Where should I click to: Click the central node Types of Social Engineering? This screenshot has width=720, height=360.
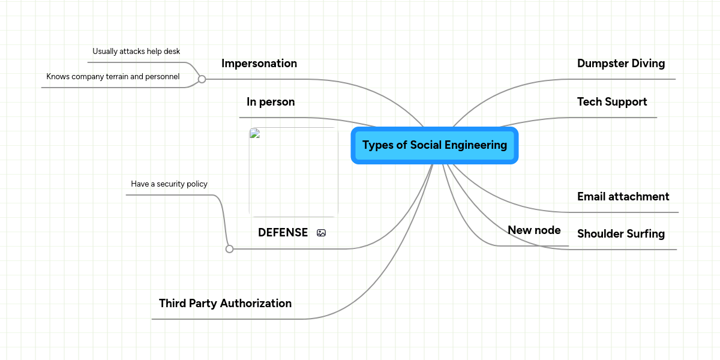(434, 145)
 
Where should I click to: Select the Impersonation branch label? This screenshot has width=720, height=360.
(259, 64)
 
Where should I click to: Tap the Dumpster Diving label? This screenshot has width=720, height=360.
(621, 64)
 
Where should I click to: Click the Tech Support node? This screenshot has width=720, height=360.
(612, 102)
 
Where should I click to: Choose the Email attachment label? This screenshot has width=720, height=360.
(623, 197)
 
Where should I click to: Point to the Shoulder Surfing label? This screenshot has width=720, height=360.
(621, 234)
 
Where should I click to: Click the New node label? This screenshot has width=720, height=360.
(534, 230)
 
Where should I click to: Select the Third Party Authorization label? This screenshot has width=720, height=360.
(225, 304)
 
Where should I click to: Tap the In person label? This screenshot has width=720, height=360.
(271, 102)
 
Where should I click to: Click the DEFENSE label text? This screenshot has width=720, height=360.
(283, 233)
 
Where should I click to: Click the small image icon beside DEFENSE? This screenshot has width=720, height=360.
(321, 233)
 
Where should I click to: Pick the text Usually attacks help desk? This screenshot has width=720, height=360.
(136, 52)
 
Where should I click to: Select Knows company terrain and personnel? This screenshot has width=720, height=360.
(113, 77)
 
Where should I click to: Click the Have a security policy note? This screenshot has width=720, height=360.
(169, 184)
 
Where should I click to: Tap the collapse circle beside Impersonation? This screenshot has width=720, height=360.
(202, 79)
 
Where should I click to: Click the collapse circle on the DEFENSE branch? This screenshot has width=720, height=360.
(229, 249)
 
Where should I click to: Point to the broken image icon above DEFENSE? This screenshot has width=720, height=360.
(254, 134)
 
